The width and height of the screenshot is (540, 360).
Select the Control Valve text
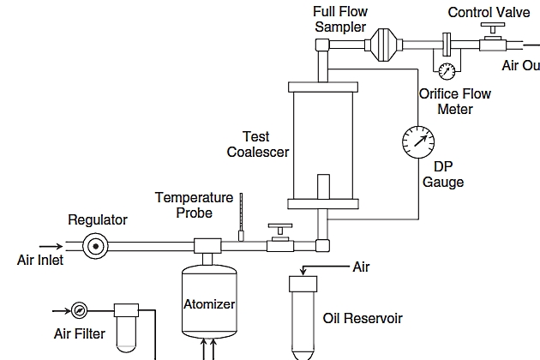[489, 12]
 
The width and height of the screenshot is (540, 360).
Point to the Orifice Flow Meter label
[454, 101]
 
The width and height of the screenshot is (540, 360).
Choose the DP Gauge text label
[443, 174]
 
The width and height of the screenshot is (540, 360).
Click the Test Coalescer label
[256, 144]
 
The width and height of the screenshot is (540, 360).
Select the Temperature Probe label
[194, 205]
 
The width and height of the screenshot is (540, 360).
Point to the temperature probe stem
[241, 215]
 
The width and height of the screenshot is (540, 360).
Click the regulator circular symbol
[95, 246]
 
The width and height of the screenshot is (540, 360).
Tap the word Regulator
[98, 220]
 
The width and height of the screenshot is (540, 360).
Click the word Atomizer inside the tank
[209, 304]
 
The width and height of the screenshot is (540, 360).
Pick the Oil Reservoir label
[363, 319]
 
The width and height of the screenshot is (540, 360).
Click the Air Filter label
[80, 333]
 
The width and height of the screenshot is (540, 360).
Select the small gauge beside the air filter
[79, 309]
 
